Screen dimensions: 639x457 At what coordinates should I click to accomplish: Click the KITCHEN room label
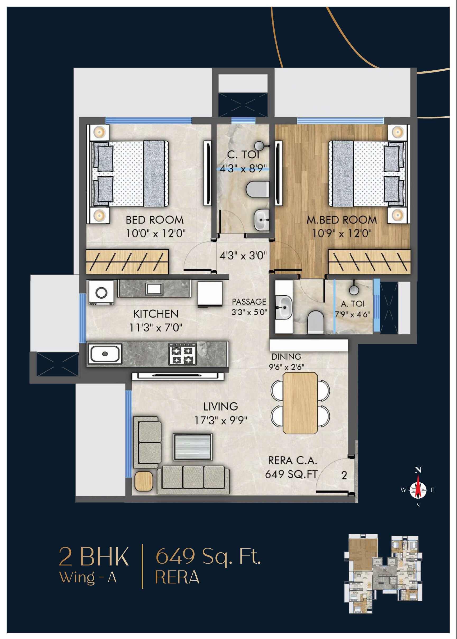pyautogui.click(x=156, y=314)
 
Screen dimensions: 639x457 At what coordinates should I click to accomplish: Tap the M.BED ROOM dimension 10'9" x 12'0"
pyautogui.click(x=341, y=233)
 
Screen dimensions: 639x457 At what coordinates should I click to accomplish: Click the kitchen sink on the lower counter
pyautogui.click(x=105, y=354)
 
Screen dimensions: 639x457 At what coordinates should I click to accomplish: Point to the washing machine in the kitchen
pyautogui.click(x=101, y=292)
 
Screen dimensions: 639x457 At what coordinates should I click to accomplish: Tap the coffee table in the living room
pyautogui.click(x=192, y=447)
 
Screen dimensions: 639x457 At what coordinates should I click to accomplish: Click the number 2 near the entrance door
pyautogui.click(x=344, y=475)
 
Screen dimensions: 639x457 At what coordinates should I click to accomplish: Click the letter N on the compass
pyautogui.click(x=418, y=470)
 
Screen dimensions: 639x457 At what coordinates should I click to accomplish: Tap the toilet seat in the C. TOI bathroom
pyautogui.click(x=257, y=189)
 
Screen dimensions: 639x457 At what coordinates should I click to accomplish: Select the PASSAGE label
pyautogui.click(x=249, y=302)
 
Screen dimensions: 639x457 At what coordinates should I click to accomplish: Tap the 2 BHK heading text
pyautogui.click(x=94, y=556)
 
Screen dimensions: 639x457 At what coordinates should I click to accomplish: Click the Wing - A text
pyautogui.click(x=88, y=577)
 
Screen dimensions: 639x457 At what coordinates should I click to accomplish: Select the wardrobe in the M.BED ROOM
pyautogui.click(x=369, y=261)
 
